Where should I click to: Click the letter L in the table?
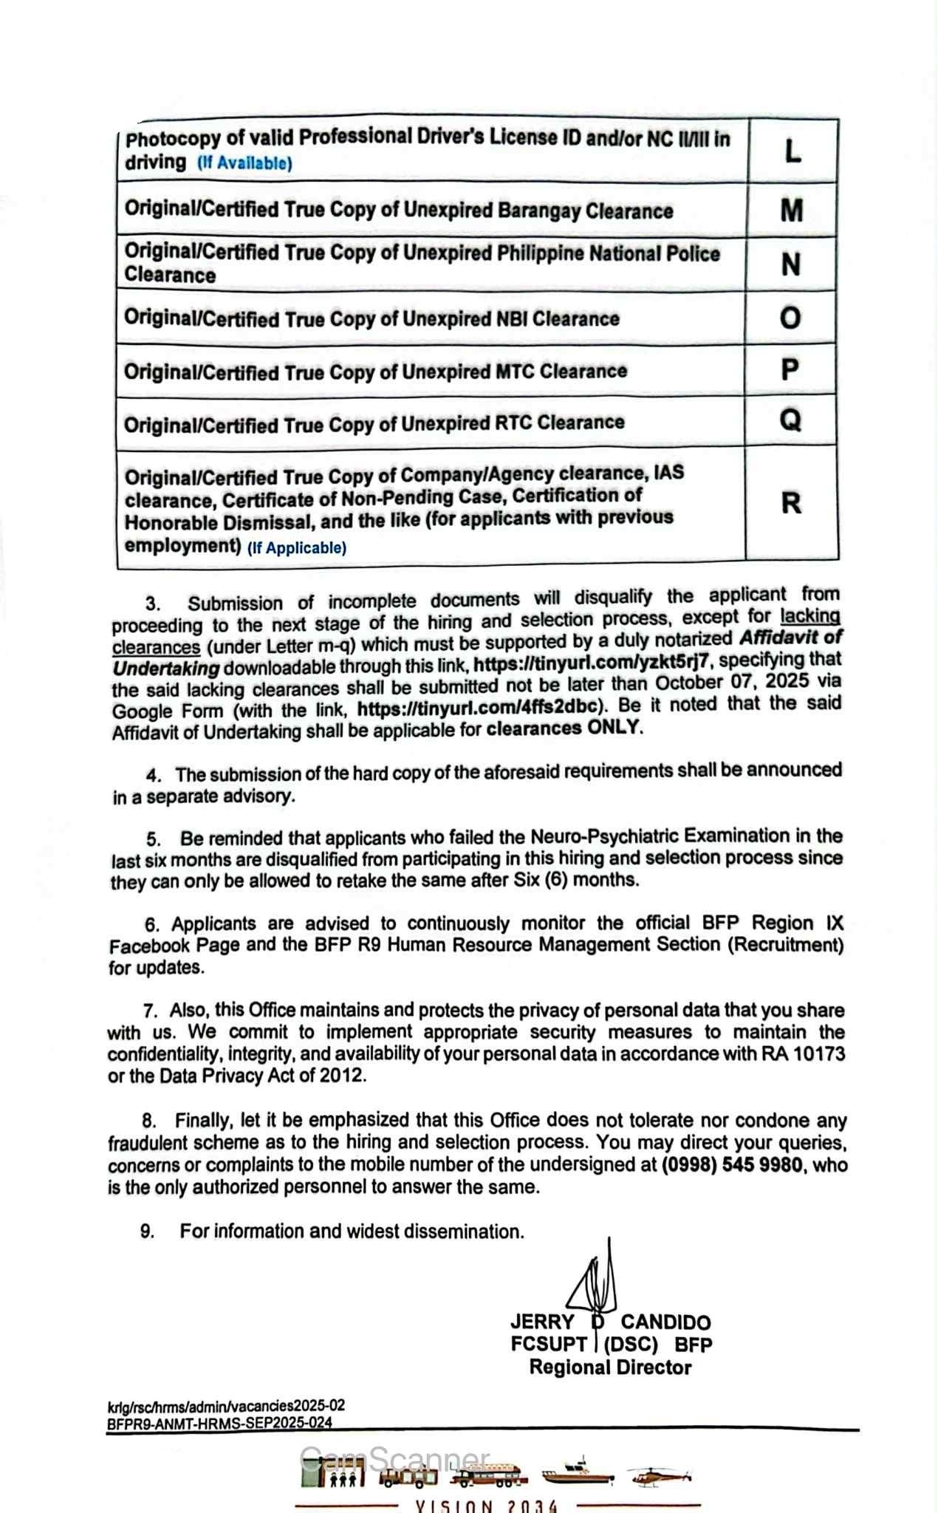(x=792, y=151)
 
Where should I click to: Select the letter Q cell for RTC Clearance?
(x=790, y=420)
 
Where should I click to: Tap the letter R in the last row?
(x=790, y=503)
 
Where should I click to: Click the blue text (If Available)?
(x=244, y=163)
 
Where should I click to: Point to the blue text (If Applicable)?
(x=296, y=548)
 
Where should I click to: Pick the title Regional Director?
(x=610, y=1367)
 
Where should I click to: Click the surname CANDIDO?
(x=665, y=1322)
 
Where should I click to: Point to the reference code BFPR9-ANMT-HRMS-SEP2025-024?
(x=219, y=1423)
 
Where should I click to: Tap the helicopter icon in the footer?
(x=659, y=1476)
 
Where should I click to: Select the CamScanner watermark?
(x=394, y=1460)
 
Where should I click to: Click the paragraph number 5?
(x=153, y=839)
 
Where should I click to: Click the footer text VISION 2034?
(x=487, y=1506)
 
